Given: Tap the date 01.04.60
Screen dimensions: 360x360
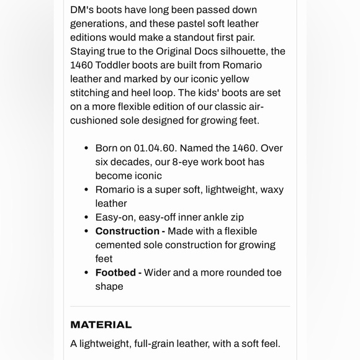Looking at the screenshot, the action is click(x=155, y=148).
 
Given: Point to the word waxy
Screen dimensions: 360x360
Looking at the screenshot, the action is click(x=272, y=189).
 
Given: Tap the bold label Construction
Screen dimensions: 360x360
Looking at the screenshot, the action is click(x=127, y=231).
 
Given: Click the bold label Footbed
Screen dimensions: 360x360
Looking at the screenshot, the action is click(x=115, y=272).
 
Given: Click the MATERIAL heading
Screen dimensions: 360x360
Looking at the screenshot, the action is click(x=101, y=325).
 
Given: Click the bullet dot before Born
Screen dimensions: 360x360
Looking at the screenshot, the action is click(x=86, y=148).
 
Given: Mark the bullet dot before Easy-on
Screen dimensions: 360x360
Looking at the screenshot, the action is click(x=86, y=217).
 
